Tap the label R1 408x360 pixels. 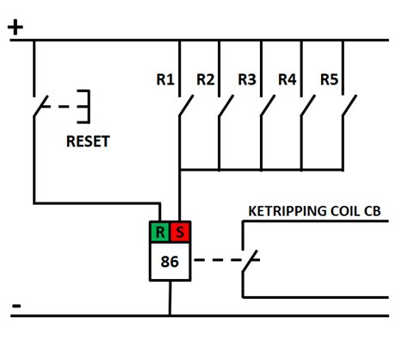(165, 80)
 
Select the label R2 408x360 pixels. (205, 80)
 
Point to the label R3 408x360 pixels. (247, 80)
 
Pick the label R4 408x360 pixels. (287, 80)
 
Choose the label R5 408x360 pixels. (329, 80)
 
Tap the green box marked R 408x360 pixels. (159, 232)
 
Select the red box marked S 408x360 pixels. (179, 232)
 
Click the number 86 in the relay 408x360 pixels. (170, 261)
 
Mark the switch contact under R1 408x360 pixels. (185, 108)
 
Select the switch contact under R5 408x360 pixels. (348, 108)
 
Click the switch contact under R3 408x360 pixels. (267, 108)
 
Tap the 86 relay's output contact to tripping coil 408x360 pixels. (250, 260)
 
